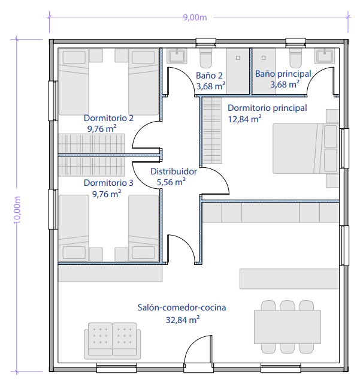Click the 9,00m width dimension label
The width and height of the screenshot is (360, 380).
(195, 17)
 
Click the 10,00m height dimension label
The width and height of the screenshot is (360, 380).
(17, 210)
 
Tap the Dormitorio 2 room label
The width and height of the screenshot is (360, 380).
(108, 118)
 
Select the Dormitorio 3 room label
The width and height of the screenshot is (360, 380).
(108, 183)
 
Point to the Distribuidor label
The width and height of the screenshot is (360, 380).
(174, 171)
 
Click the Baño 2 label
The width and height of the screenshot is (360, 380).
(209, 76)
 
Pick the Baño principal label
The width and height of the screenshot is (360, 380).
(283, 74)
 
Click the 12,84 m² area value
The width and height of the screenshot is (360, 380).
(244, 119)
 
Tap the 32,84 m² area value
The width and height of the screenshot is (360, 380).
(183, 320)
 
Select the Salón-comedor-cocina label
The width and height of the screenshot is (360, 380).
(181, 307)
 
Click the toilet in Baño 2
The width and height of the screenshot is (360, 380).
(206, 58)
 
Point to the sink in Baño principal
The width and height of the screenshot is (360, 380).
(325, 56)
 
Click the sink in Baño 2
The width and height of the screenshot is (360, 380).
(177, 56)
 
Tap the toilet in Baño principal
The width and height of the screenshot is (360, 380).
(296, 58)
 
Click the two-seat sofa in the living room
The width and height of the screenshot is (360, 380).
(113, 340)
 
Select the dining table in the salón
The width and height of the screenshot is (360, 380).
(288, 327)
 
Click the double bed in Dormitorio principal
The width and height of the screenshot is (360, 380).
(305, 148)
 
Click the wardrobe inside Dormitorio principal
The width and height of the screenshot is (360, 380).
(212, 130)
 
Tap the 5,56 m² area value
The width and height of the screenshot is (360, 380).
(171, 182)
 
